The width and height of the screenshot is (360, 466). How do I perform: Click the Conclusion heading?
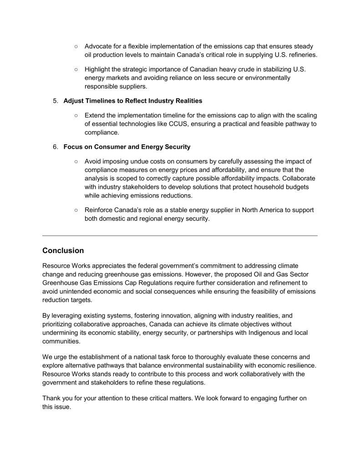63,250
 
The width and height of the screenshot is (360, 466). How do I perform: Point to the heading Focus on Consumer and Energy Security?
127,147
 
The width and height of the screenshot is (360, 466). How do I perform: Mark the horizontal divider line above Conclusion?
180,235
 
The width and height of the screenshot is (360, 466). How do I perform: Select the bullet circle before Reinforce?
76,210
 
